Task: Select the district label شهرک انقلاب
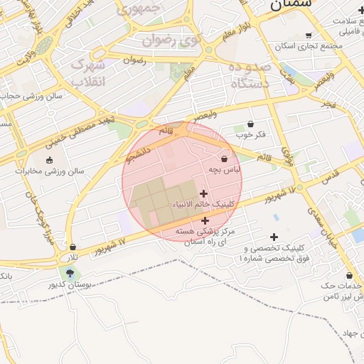[90, 73]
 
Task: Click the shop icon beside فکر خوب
[250, 124]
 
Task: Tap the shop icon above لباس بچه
[225, 159]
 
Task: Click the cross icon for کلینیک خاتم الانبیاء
[204, 193]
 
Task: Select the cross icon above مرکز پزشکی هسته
[205, 220]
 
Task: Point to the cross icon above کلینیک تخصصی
[274, 237]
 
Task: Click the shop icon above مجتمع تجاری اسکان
[308, 35]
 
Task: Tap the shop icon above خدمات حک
[349, 275]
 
